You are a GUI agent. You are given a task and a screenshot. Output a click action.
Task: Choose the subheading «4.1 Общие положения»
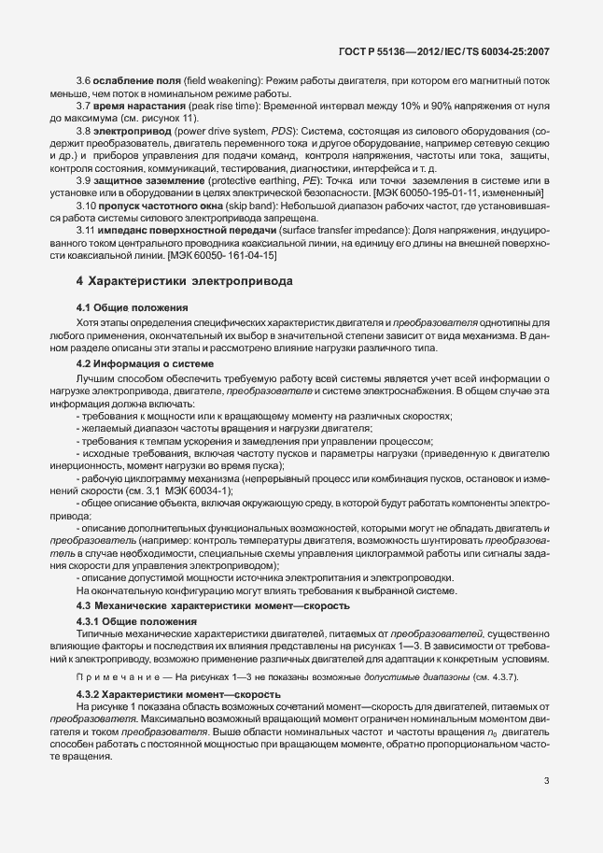click(x=132, y=306)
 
